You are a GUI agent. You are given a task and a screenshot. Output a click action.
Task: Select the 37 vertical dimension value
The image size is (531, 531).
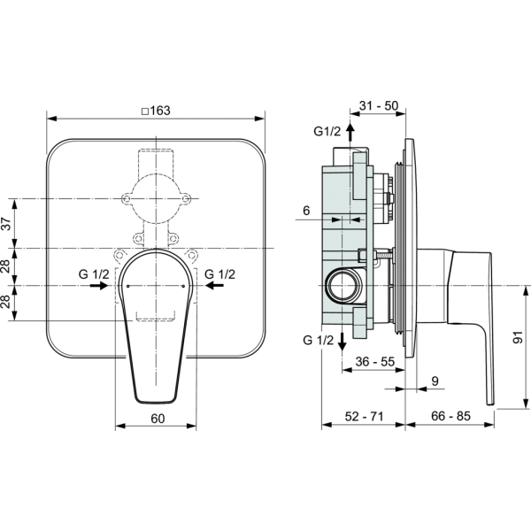7,224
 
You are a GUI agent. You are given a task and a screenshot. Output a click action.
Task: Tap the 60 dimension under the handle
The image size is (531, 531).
158,419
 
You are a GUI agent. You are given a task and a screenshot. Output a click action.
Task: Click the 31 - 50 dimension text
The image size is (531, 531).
379,105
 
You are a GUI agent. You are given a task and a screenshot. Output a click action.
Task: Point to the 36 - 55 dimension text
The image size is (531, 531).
375,362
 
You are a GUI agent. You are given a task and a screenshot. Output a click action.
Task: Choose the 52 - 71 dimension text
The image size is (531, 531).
365,416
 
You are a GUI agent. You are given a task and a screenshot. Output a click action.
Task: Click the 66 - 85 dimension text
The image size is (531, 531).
451,416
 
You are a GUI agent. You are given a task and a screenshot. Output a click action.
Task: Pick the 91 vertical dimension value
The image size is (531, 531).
518,338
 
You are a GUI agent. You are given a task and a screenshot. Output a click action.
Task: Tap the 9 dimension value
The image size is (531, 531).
435,381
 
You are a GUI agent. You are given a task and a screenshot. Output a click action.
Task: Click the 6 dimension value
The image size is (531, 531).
306,211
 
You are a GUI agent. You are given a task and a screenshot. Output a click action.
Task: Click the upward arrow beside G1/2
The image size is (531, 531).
350,132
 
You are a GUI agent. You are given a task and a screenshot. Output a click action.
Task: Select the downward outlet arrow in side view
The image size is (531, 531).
342,342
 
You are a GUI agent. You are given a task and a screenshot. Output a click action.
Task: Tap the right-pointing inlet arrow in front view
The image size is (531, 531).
99,286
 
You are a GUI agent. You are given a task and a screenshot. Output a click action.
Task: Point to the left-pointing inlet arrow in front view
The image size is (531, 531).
214,286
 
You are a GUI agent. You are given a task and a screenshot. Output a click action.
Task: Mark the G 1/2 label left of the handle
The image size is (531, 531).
94,274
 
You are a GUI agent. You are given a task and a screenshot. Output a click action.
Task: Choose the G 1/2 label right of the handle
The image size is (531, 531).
219,274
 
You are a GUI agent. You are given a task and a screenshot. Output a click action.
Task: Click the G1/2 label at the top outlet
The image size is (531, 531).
327,131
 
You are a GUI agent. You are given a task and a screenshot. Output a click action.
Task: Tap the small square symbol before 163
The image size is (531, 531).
145,112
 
